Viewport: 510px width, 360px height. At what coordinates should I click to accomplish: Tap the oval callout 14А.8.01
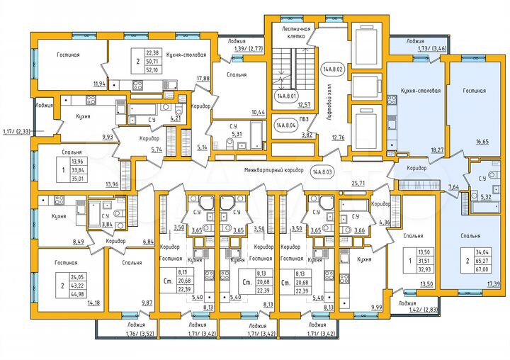(x=286, y=97)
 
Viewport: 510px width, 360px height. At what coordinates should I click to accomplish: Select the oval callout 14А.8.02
(x=332, y=69)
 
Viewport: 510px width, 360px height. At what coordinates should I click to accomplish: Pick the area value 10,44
(x=258, y=113)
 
